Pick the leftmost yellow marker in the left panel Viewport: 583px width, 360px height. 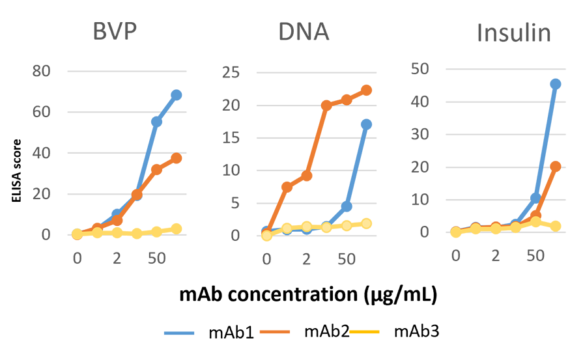point(77,233)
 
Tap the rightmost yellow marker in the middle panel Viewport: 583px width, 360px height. point(367,223)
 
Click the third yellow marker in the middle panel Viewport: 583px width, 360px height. point(306,227)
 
